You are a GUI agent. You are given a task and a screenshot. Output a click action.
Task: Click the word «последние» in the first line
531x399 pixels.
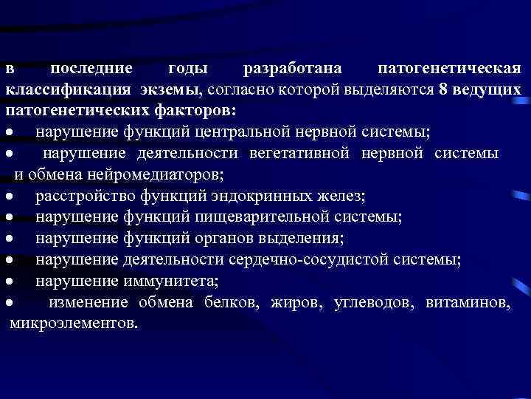(x=91, y=69)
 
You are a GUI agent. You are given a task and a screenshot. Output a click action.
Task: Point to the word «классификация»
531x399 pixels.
(x=66, y=90)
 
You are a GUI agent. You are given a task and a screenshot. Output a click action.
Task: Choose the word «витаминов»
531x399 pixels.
(x=467, y=303)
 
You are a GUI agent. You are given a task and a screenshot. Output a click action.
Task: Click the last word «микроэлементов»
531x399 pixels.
(x=74, y=324)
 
